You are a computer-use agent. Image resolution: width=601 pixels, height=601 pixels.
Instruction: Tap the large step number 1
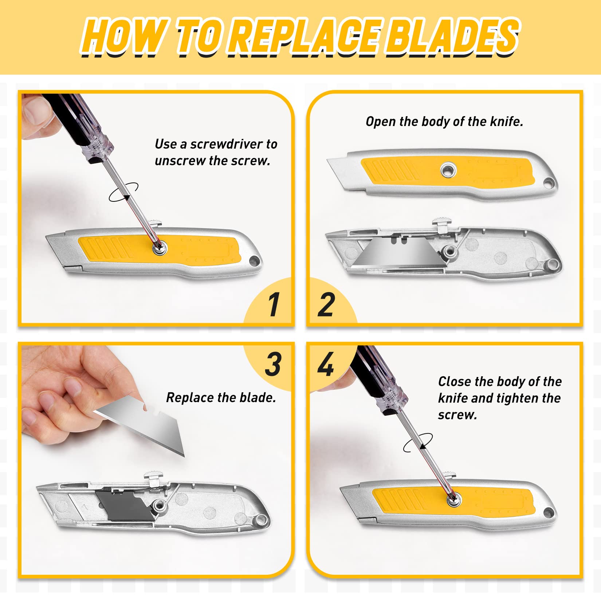[274, 304]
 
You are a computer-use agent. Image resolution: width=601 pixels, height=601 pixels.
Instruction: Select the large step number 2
[326, 304]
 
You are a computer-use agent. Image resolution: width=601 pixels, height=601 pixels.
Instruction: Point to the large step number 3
[273, 364]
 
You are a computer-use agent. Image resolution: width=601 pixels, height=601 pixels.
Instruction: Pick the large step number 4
[326, 364]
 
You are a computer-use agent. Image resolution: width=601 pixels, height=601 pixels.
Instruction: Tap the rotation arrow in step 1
[123, 192]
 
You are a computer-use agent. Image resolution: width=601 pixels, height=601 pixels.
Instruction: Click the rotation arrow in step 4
[418, 443]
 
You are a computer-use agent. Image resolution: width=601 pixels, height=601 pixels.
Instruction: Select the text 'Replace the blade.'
[221, 397]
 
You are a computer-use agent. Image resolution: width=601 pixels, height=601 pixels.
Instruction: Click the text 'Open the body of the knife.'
[444, 122]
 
